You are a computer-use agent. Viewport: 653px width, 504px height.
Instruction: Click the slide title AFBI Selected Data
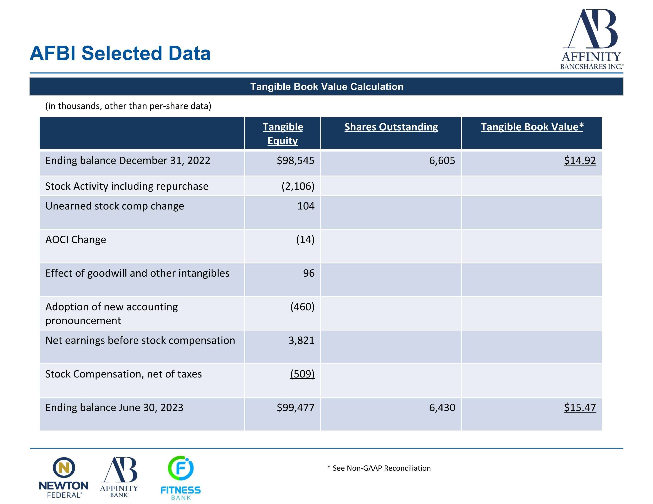coord(120,54)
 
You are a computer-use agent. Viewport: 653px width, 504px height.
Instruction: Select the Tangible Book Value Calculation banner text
coord(326,87)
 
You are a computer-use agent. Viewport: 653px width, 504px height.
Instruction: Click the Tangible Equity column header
coord(283,134)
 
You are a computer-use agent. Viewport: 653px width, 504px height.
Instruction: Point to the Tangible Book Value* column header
coord(532,127)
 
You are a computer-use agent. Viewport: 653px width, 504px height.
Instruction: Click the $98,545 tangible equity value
coord(295,161)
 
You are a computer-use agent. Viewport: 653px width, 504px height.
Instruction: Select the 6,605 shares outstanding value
coord(442,161)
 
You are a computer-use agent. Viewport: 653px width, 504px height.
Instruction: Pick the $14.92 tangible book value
coord(580,161)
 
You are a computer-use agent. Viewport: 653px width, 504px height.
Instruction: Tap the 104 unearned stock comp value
coord(306,206)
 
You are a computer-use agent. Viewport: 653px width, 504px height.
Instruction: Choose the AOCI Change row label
coord(76,239)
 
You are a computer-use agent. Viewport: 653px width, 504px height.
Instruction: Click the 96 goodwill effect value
coord(309,273)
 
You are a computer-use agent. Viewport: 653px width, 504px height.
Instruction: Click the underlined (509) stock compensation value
coord(302,374)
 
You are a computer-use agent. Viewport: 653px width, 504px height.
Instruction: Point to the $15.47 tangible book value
coord(580,407)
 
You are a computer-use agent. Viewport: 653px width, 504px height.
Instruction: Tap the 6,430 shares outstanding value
coord(442,407)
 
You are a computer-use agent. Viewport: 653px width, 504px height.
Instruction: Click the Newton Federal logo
coord(64,477)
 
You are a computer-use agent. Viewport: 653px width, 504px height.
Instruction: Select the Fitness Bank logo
coord(181,478)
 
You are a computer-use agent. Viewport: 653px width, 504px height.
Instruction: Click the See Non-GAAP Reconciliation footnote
coord(379,468)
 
